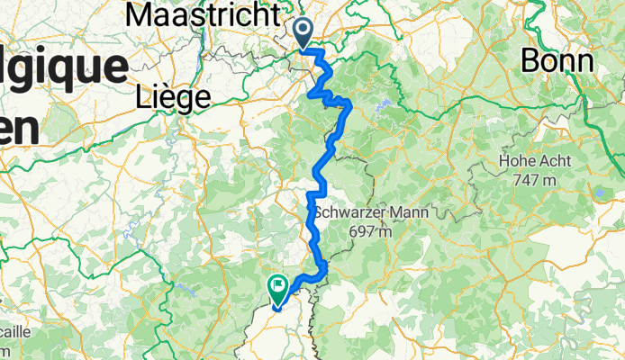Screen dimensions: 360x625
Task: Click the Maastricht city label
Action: tap(203, 13)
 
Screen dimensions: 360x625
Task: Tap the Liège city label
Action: tap(172, 94)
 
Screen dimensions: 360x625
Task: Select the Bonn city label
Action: tap(557, 60)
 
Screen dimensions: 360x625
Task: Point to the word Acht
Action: tap(558, 164)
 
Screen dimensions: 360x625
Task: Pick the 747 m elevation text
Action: tap(539, 180)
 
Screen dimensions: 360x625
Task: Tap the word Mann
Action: tap(408, 213)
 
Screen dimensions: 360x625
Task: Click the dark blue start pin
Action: tap(303, 32)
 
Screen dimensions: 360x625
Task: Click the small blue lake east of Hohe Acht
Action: tap(598, 192)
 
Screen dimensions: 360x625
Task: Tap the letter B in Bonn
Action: tap(530, 60)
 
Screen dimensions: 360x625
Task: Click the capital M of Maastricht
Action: tap(141, 13)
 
